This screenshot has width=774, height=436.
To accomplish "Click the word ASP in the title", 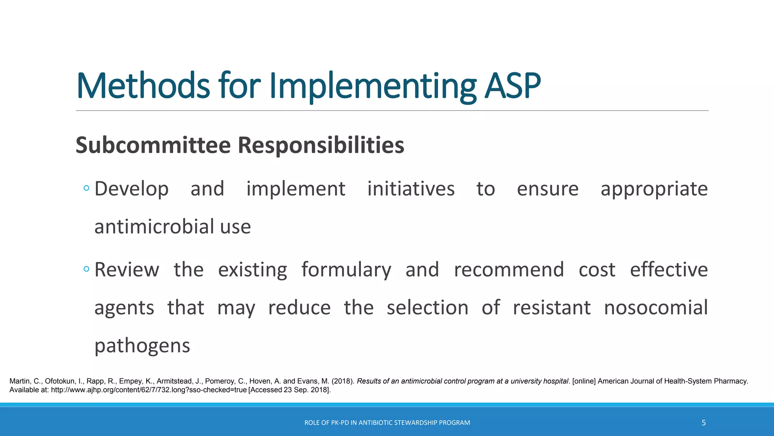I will click(512, 86).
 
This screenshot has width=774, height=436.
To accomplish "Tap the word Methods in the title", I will click(143, 86).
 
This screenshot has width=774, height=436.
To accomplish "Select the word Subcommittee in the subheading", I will click(153, 145).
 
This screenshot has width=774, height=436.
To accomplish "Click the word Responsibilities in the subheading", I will click(321, 145).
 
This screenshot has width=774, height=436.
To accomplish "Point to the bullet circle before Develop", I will click(87, 188).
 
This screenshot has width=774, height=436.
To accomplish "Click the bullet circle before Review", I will click(87, 269).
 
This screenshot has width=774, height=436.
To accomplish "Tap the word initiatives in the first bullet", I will click(411, 189).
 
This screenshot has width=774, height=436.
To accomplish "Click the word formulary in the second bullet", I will click(346, 270).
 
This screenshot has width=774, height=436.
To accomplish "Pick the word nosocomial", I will click(656, 308).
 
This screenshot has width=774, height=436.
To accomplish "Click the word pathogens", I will click(142, 346).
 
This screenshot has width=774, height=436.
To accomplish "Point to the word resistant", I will click(551, 308).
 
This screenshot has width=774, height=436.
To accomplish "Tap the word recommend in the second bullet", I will click(509, 270).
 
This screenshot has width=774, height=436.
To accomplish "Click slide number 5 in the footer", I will click(703, 423).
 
